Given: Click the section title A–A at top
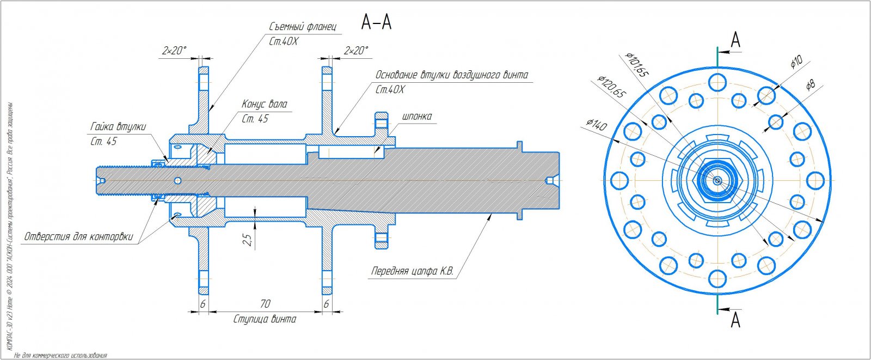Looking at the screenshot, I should tap(376, 22).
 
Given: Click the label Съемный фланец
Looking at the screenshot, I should tap(303, 26).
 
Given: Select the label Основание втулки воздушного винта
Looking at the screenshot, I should tap(451, 75).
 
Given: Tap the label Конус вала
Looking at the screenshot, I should tap(264, 104).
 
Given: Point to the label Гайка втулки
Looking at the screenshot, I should tap(118, 127).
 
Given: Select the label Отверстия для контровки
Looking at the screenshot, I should tap(78, 237).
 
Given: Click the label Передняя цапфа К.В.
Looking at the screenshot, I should tap(412, 271).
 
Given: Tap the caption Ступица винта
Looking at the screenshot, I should tap(265, 319).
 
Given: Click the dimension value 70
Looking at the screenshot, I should tap(265, 304).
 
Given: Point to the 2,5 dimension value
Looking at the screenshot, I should tap(248, 240).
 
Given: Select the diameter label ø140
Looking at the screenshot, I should tap(596, 125).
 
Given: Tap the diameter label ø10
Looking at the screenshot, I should tap(796, 62).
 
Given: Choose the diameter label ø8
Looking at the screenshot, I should tap(810, 85).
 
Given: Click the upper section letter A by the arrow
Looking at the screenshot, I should tap(735, 40).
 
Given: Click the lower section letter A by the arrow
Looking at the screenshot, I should tap(735, 320).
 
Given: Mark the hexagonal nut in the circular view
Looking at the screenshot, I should tap(717, 181).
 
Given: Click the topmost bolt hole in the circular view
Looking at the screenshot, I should tap(717, 82).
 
